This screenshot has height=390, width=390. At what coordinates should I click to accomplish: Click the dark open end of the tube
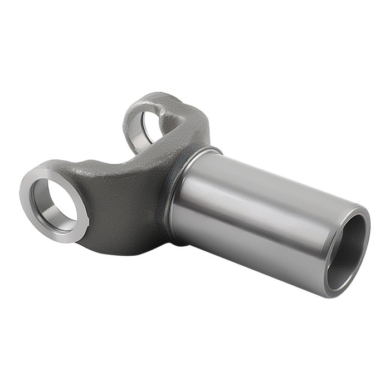point(348,251)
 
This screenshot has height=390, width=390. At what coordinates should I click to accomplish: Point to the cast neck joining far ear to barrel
point(192,131)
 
